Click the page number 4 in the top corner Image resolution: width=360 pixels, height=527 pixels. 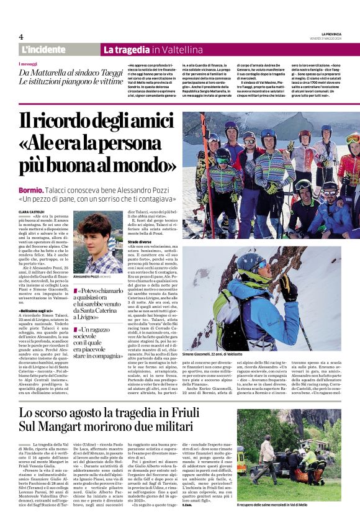tap(21, 37)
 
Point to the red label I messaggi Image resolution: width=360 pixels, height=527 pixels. tap(28, 64)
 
